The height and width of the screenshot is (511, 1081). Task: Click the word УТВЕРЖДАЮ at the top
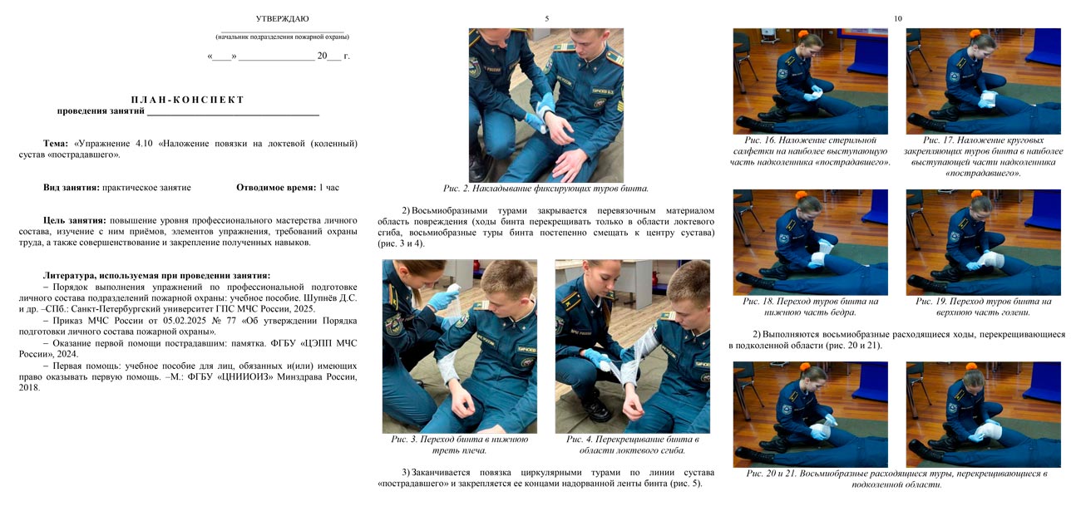[x=282, y=18]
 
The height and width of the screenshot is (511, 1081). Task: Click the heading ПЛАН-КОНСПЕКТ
[x=188, y=100]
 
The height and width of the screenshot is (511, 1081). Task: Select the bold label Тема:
[x=56, y=144]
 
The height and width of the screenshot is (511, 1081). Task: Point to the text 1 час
[x=329, y=188]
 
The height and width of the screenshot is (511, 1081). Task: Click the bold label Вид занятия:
[x=71, y=188]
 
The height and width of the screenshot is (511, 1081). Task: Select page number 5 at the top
[x=546, y=18]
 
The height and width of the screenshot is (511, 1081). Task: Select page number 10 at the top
[x=897, y=18]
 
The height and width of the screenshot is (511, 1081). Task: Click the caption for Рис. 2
[x=545, y=189]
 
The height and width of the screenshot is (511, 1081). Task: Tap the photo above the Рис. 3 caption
[x=459, y=346]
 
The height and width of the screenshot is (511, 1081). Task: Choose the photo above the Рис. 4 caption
[x=632, y=346]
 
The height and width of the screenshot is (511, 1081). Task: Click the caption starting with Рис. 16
[x=810, y=151]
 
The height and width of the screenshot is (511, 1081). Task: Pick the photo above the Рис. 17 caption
[x=983, y=81]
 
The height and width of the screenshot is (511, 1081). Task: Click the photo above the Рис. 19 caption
[x=983, y=242]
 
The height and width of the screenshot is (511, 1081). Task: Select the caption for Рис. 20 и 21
[x=896, y=479]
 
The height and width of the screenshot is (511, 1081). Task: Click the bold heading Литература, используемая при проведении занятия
[x=156, y=275]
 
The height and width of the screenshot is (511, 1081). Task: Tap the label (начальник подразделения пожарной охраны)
[x=282, y=37]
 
